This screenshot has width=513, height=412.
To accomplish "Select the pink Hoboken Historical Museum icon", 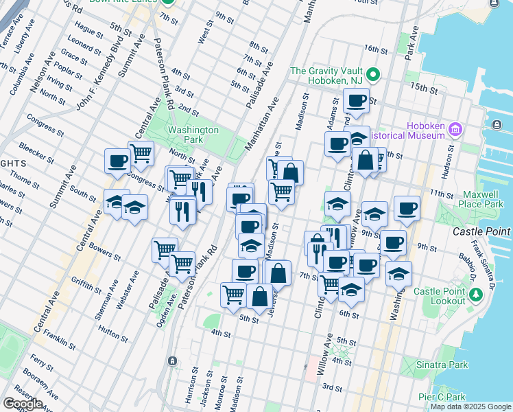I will click(x=455, y=128).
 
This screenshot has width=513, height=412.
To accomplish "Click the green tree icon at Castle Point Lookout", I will click(x=474, y=295).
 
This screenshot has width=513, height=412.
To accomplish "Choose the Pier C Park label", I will click(x=442, y=397).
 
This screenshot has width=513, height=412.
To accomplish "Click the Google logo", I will click(x=23, y=404).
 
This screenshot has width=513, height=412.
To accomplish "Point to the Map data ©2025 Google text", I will click(x=470, y=407).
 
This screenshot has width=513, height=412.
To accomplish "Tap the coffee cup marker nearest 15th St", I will click(x=356, y=102).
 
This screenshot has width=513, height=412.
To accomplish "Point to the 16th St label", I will click(x=377, y=49).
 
